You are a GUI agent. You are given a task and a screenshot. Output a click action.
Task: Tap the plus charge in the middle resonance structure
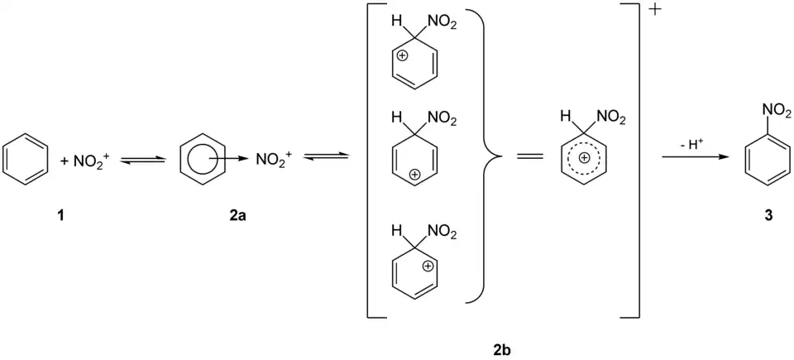(x=415, y=175)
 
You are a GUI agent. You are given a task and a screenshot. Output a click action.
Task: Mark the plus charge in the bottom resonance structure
(x=428, y=266)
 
